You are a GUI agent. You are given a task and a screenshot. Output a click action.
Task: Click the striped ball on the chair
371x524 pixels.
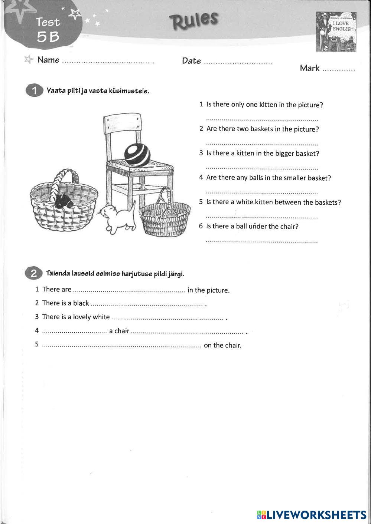pos(137,155)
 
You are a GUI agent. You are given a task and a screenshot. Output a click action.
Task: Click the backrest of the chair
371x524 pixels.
pos(122,126)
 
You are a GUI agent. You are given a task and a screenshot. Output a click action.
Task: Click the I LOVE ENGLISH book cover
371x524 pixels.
pos(336,32)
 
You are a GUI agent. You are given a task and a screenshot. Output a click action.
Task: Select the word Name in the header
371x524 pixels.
pos(48,60)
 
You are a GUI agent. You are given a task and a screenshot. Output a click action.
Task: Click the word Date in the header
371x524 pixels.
pos(191,61)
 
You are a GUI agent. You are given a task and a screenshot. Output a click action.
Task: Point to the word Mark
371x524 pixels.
pos(309,68)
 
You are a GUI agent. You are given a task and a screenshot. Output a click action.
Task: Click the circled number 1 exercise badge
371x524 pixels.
pos(34,91)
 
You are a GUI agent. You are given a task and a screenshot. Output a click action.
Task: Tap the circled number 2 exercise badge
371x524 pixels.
pos(33,274)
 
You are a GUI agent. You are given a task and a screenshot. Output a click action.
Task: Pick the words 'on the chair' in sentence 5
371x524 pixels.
pos(222,345)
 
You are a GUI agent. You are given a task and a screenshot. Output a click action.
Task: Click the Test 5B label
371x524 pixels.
pos(48,29)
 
